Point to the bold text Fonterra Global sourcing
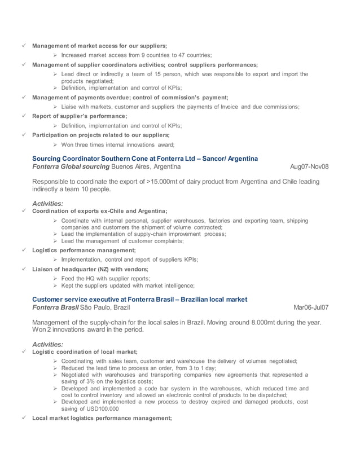click(71, 167)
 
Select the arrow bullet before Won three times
click(55, 145)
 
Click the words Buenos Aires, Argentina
click(146, 167)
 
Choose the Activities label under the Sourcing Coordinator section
click(48, 203)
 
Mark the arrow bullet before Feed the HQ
click(55, 279)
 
